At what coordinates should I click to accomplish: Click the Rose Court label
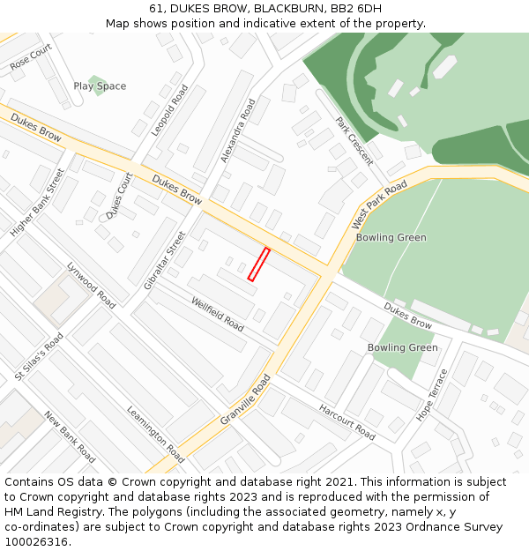click(x=31, y=58)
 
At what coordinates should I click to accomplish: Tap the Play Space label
click(x=100, y=86)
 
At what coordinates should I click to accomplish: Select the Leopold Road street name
click(x=170, y=110)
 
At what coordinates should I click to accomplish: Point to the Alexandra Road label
click(x=238, y=130)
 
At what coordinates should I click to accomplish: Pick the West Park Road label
click(x=380, y=205)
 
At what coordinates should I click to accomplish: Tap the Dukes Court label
click(x=119, y=196)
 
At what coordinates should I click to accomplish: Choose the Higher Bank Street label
click(x=38, y=203)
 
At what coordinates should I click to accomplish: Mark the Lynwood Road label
click(x=91, y=286)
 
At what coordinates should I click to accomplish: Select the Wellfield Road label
click(x=218, y=314)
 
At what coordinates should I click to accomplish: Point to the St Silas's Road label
click(x=40, y=357)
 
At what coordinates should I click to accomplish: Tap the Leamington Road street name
click(x=155, y=435)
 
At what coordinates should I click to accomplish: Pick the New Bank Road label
click(x=70, y=437)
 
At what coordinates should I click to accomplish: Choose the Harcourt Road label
click(x=347, y=423)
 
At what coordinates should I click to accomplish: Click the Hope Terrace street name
click(x=432, y=394)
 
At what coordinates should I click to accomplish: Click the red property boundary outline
click(x=258, y=264)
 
